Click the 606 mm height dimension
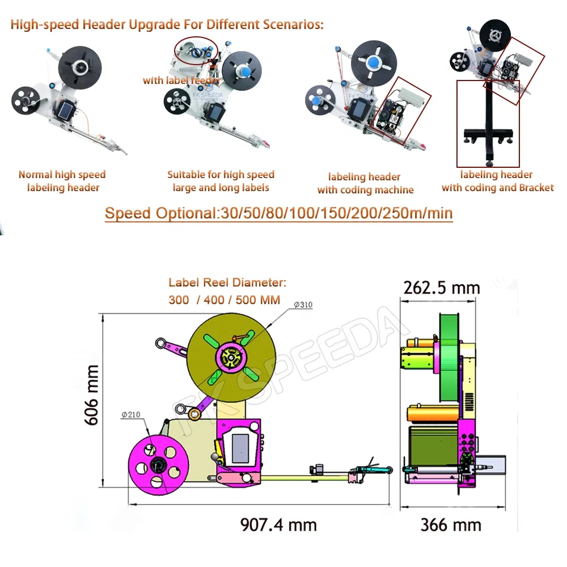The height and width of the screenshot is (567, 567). click(x=91, y=395)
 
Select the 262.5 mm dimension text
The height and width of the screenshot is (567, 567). click(x=441, y=288)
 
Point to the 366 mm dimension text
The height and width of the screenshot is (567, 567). click(x=450, y=524)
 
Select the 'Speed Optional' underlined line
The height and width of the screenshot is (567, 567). click(x=278, y=214)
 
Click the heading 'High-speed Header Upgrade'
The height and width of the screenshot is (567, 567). click(x=167, y=25)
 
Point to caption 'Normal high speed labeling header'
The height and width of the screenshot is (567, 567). click(x=62, y=181)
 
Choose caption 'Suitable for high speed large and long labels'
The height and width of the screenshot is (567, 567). click(x=221, y=181)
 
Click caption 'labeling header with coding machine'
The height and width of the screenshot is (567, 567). click(x=365, y=183)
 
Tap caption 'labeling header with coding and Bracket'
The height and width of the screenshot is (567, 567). click(x=497, y=181)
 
